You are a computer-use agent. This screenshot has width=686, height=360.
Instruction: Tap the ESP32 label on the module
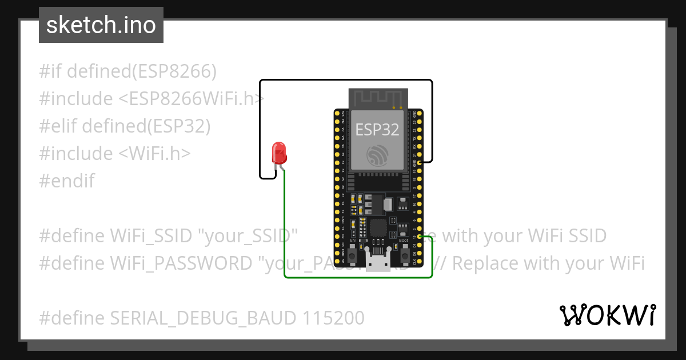[377, 130]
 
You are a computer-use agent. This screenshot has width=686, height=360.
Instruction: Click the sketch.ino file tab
[101, 26]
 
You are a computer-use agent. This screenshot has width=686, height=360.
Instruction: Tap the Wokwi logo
[607, 315]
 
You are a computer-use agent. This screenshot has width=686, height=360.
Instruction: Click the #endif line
[67, 181]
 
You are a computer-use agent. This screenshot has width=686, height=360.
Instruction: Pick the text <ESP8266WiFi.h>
[192, 99]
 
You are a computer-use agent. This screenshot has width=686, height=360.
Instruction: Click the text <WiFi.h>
[154, 154]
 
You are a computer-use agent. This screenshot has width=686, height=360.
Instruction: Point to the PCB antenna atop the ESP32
[377, 98]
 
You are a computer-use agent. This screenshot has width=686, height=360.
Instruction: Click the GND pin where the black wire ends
[420, 163]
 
